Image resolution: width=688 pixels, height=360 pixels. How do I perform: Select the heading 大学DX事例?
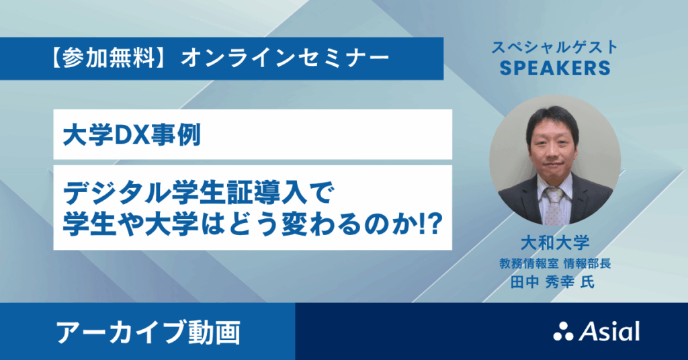[x=132, y=135]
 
